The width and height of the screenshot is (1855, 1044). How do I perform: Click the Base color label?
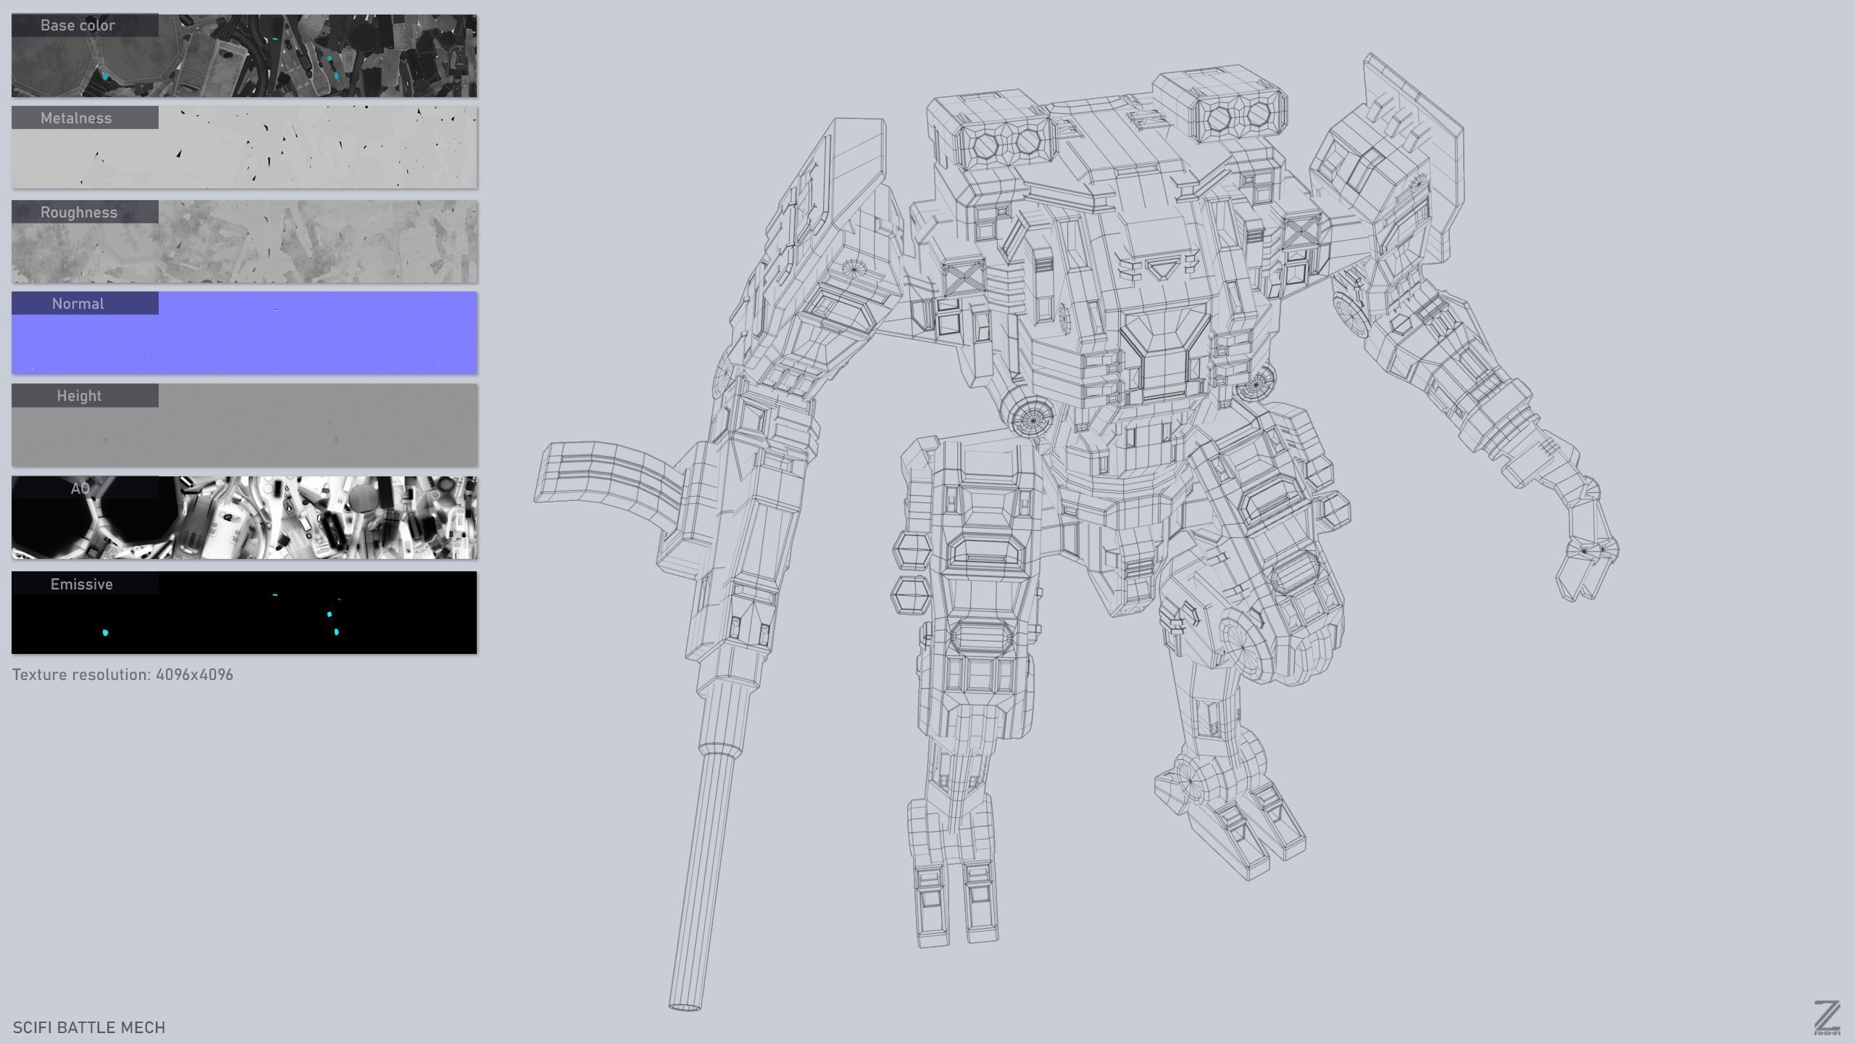[x=78, y=25]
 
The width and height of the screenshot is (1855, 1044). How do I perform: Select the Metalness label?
[x=76, y=118]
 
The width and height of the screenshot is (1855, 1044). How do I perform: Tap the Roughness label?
[x=78, y=212]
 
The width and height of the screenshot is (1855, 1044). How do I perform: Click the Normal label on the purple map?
[x=78, y=304]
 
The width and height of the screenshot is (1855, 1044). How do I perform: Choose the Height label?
[x=79, y=396]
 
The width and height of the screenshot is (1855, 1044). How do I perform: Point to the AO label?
[x=80, y=489]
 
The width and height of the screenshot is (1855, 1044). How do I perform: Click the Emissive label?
[x=81, y=584]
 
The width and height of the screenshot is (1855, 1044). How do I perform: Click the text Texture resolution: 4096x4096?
[x=122, y=675]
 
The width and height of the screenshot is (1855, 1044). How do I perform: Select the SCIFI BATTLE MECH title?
[x=88, y=1027]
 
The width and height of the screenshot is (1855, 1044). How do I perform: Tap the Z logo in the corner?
[x=1827, y=1018]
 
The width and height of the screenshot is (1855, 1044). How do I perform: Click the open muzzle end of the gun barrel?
[x=685, y=1006]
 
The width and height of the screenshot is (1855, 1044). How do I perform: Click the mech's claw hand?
[x=1587, y=558]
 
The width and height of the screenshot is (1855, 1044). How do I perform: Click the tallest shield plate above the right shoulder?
[x=1413, y=109]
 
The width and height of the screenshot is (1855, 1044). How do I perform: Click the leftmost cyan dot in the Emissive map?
[x=106, y=633]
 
